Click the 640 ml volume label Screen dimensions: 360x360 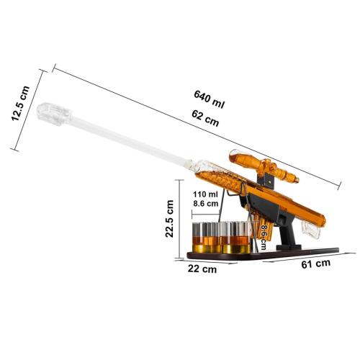[209, 99]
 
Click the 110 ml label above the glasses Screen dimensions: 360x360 [204, 194]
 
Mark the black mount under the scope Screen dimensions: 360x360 [268, 175]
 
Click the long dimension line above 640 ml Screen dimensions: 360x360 [194, 127]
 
